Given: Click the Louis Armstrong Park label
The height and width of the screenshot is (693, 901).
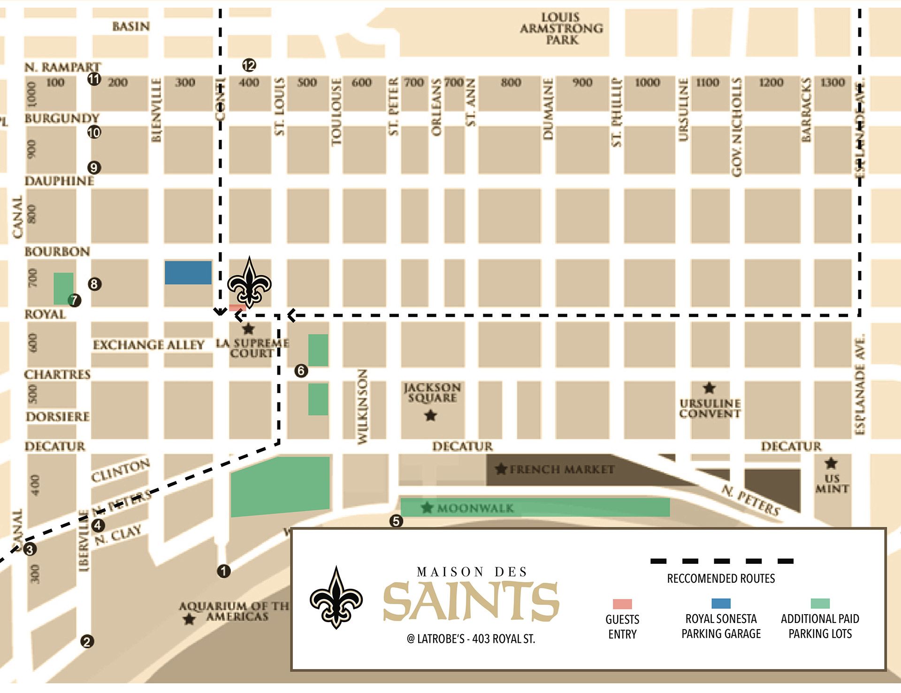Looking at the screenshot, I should (x=561, y=29).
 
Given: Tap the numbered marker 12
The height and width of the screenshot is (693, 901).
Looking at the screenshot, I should (x=249, y=65).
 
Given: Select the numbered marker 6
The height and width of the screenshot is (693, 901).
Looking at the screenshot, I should (x=301, y=371).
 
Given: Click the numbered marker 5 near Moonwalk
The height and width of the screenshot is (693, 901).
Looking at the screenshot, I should (x=397, y=521).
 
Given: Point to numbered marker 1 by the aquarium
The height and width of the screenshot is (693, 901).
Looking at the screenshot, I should (x=224, y=571).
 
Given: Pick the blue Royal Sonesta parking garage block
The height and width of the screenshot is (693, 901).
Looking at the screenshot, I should (x=188, y=273).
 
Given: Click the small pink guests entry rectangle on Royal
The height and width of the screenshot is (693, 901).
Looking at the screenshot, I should (x=237, y=308).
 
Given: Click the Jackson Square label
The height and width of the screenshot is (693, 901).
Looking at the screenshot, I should (x=432, y=393).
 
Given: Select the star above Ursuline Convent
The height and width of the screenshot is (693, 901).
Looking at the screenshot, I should (x=709, y=388).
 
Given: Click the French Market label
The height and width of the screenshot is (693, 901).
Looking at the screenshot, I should (x=561, y=469).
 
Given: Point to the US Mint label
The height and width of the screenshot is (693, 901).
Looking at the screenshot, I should (x=832, y=484).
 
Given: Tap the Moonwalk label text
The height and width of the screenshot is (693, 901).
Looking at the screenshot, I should (x=475, y=508).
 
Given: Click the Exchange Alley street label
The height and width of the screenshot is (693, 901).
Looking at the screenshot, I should (x=148, y=345).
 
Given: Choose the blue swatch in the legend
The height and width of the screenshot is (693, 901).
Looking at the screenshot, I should (x=721, y=603).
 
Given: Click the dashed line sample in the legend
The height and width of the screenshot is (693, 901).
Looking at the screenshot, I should (x=722, y=561).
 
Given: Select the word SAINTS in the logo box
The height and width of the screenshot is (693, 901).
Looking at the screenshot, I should (x=471, y=601).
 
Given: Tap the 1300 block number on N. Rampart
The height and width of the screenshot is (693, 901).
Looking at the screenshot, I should (x=832, y=83).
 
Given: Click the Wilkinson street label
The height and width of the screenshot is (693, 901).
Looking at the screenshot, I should (x=362, y=407).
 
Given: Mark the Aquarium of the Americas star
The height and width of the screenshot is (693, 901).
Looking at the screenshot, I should (x=189, y=619).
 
